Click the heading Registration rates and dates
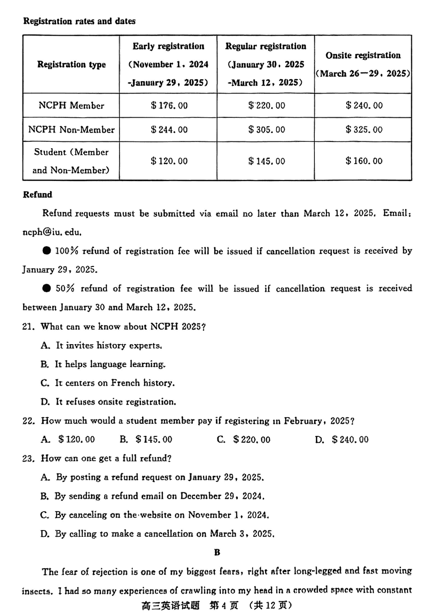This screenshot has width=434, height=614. pyautogui.click(x=79, y=21)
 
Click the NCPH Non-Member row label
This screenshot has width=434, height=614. pyautogui.click(x=71, y=129)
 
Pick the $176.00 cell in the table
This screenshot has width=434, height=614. pyautogui.click(x=169, y=105)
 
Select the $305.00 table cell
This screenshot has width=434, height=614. pyautogui.click(x=266, y=129)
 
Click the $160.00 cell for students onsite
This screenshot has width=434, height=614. pyautogui.click(x=364, y=161)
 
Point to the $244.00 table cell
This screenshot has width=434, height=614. pyautogui.click(x=169, y=129)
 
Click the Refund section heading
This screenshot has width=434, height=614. pyautogui.click(x=38, y=195)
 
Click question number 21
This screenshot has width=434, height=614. pyautogui.click(x=29, y=326)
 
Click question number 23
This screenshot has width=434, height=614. pyautogui.click(x=29, y=458)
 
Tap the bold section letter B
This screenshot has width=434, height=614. pyautogui.click(x=217, y=552)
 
